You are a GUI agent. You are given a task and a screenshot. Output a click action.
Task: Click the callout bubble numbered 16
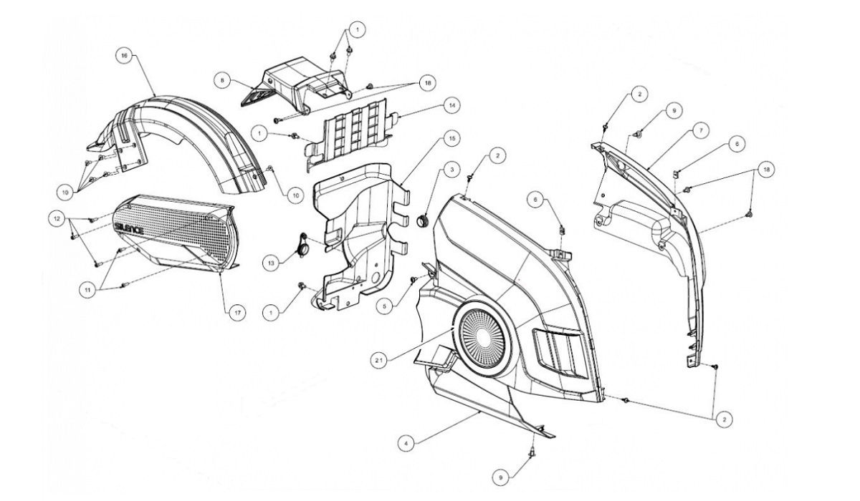pyautogui.click(x=125, y=55)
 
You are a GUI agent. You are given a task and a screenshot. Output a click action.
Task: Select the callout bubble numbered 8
pyautogui.click(x=224, y=82)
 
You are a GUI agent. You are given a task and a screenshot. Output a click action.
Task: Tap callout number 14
pyautogui.click(x=451, y=105)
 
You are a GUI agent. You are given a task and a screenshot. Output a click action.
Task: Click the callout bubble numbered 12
pyautogui.click(x=54, y=216)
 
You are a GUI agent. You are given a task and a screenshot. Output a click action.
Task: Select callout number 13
pyautogui.click(x=269, y=262)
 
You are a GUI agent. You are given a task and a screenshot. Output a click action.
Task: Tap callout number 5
pyautogui.click(x=386, y=306)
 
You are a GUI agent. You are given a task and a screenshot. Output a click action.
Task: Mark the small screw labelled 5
pyautogui.click(x=414, y=279)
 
